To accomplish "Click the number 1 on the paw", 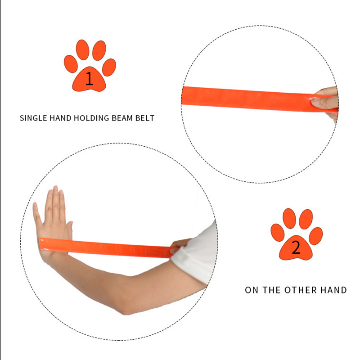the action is click(89, 78).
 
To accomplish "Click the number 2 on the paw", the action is click(296, 247).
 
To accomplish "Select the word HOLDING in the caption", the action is click(91, 118).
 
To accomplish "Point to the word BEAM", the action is click(122, 118).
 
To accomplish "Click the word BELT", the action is click(145, 118).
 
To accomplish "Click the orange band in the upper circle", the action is click(260, 99).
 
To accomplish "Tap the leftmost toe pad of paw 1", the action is click(71, 64).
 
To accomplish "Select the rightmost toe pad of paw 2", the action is click(316, 236).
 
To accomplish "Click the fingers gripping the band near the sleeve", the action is click(179, 245).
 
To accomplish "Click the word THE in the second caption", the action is click(272, 290).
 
